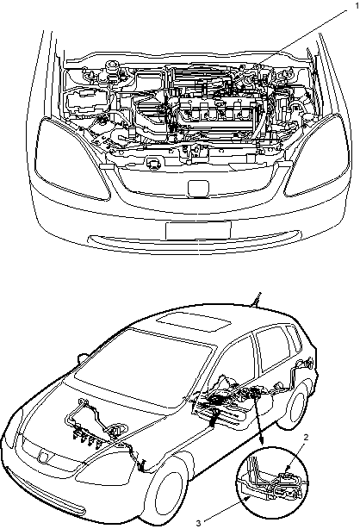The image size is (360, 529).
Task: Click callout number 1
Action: (357, 6)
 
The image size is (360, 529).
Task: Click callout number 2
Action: (306, 437)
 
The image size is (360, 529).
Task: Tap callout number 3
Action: (199, 523)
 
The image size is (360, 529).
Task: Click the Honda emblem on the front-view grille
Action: (198, 188)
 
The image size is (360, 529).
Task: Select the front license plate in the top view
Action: (198, 230)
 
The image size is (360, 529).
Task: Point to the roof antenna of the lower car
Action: (256, 299)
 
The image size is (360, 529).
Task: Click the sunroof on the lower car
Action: (195, 323)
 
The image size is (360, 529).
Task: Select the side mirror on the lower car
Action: (83, 358)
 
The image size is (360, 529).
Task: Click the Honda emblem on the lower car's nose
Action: (44, 456)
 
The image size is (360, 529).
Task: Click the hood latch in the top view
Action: (153, 163)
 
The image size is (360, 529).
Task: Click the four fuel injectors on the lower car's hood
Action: (86, 439)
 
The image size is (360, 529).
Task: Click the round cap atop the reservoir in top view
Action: (111, 65)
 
